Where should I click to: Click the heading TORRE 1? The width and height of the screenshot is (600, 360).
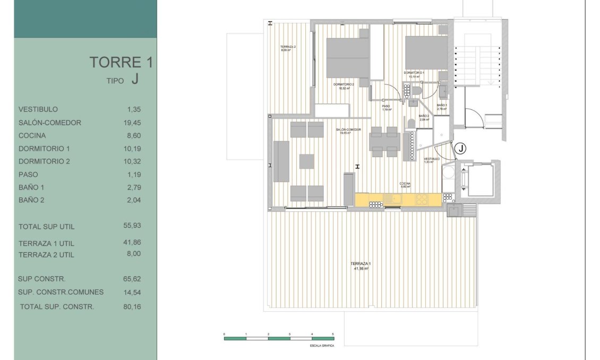pyautogui.click(x=121, y=62)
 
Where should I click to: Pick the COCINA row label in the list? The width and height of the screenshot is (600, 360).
pyautogui.click(x=33, y=135)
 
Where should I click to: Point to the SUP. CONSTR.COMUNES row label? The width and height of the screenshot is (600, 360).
pyautogui.click(x=61, y=292)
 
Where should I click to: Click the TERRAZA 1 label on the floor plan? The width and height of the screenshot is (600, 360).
pyautogui.click(x=361, y=264)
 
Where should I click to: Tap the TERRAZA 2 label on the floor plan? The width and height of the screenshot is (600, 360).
pyautogui.click(x=288, y=48)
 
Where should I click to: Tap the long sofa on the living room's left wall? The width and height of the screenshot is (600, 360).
pyautogui.click(x=281, y=161)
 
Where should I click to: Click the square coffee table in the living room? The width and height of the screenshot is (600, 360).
pyautogui.click(x=307, y=161)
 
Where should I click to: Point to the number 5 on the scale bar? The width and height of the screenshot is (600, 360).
pyautogui.click(x=333, y=334)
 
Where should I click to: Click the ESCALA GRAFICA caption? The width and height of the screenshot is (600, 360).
pyautogui.click(x=322, y=345)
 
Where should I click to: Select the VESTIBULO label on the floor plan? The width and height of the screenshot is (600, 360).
pyautogui.click(x=432, y=159)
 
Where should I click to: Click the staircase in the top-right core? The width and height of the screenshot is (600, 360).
pyautogui.click(x=477, y=64)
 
